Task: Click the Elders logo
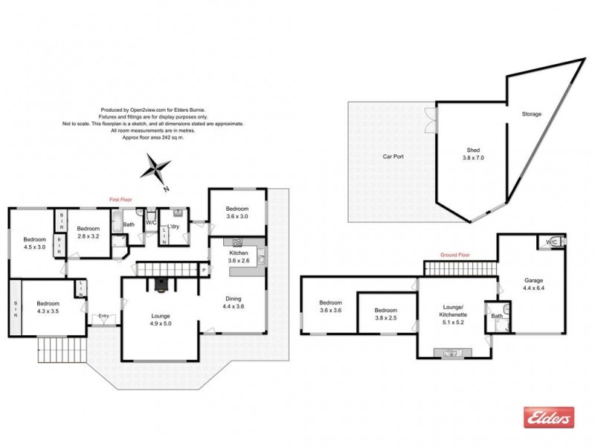(550, 417)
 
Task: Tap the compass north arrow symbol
(158, 168)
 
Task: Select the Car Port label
(393, 157)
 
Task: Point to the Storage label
(531, 114)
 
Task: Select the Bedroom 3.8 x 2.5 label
(385, 315)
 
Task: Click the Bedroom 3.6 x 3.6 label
(329, 307)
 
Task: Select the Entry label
(103, 316)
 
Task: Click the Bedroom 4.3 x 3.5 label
(48, 308)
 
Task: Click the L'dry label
(173, 226)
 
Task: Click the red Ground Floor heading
(454, 255)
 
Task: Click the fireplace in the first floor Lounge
(161, 282)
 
